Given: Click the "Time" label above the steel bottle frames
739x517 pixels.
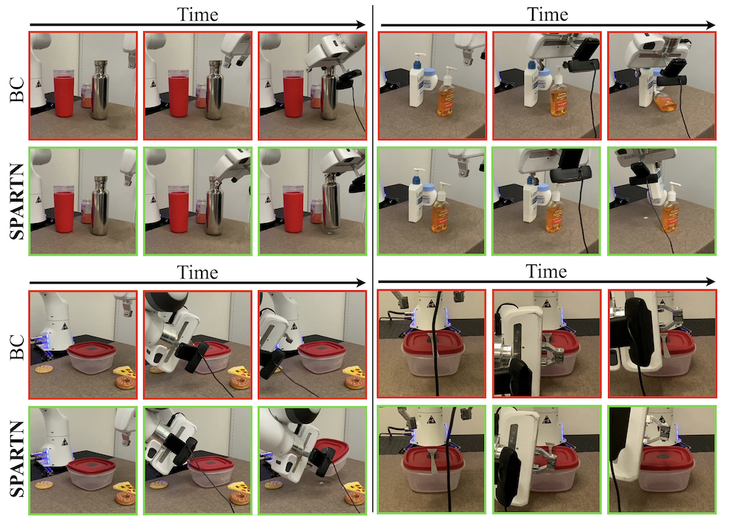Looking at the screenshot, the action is [197, 14].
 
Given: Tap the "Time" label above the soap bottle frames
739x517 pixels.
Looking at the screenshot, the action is [547, 14].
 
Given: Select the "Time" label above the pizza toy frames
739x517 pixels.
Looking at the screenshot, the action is [197, 272].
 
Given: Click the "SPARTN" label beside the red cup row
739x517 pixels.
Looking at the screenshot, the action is [17, 202].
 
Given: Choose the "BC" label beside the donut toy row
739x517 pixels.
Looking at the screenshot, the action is [17, 347].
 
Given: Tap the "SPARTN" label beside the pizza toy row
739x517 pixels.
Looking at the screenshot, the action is [17, 459].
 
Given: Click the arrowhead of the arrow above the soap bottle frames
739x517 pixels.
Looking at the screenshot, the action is [712, 25].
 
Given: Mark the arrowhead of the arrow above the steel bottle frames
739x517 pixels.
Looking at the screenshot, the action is [361, 25].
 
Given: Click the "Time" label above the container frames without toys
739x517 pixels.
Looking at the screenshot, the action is [546, 271].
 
